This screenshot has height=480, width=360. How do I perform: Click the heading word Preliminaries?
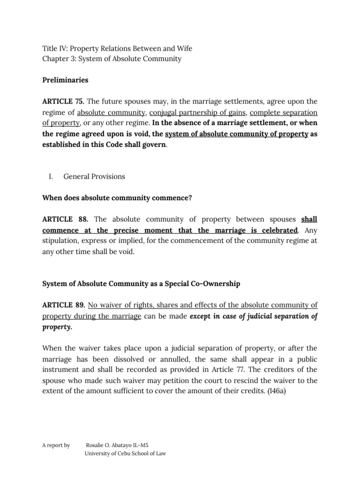point(65,80)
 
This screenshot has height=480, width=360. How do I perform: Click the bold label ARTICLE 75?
point(63,102)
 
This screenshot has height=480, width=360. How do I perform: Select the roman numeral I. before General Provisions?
point(51,177)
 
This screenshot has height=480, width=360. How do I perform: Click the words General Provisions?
point(94,177)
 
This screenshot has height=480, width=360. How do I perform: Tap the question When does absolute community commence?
point(117,198)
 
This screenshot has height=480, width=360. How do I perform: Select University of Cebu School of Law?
point(125,453)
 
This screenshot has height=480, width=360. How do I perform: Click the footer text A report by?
point(56,445)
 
